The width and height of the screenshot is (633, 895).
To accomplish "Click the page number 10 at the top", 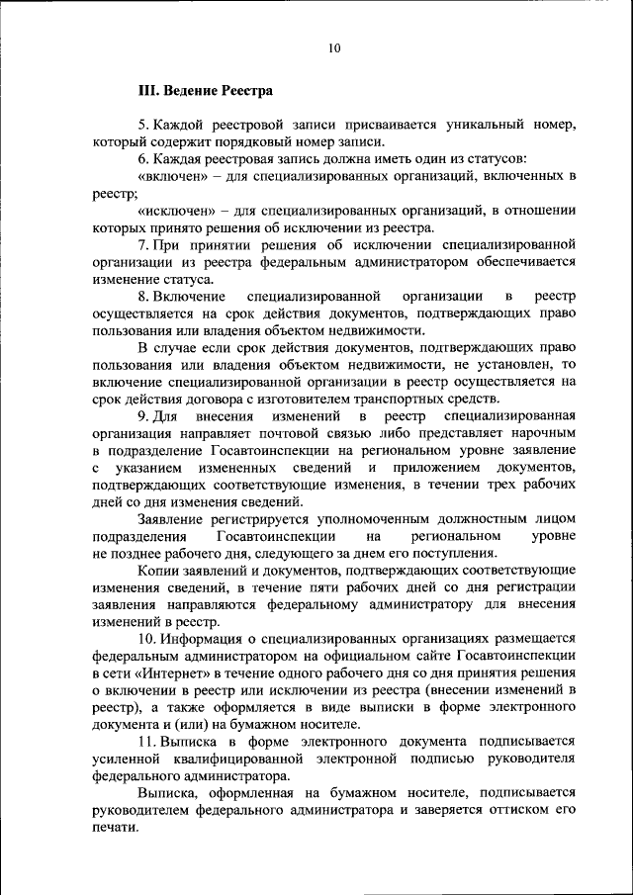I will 334,45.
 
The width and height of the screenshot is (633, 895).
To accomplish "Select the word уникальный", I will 469,126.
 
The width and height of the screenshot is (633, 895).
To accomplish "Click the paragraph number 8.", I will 143,296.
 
